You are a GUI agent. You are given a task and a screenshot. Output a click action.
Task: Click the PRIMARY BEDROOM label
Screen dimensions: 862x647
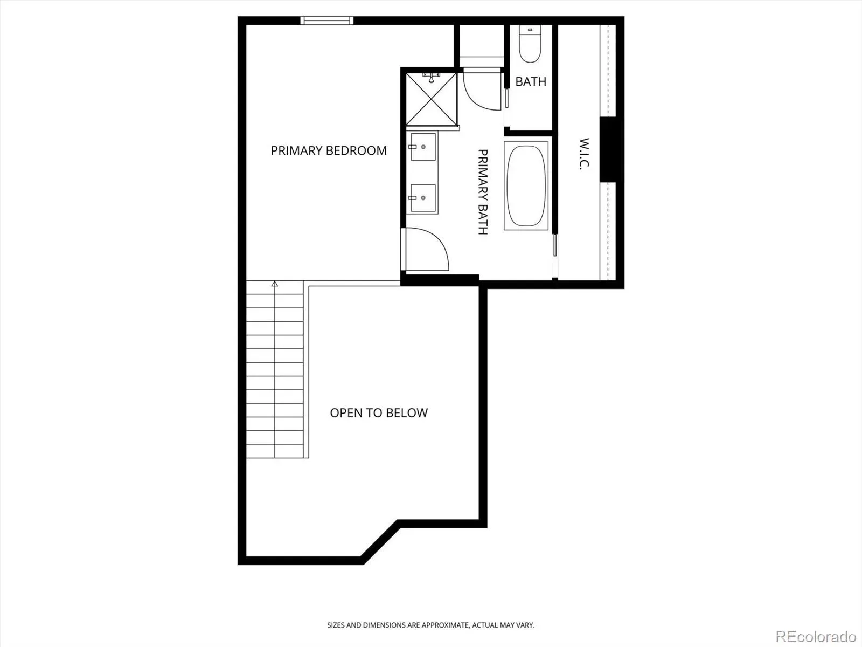click(x=329, y=150)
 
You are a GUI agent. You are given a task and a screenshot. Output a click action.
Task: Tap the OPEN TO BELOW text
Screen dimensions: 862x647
click(x=379, y=412)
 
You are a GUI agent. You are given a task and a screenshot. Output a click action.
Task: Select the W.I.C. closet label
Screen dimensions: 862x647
click(x=584, y=154)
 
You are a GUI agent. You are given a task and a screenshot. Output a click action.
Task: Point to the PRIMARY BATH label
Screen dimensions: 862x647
click(x=483, y=192)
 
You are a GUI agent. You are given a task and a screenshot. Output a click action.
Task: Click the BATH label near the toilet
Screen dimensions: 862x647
click(x=531, y=81)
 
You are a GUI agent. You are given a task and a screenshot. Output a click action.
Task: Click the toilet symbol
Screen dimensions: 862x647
click(x=530, y=43)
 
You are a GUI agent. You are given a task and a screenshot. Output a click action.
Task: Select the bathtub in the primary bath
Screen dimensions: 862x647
click(x=526, y=186)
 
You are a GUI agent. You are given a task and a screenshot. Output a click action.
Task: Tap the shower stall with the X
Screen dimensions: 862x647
click(x=432, y=99)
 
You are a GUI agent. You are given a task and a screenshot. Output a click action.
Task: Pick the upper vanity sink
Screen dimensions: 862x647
click(x=423, y=147)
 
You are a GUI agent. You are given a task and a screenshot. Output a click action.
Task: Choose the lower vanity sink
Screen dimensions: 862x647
click(x=423, y=198)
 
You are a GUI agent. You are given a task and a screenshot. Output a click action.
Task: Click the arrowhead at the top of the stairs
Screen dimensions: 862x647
click(x=275, y=284)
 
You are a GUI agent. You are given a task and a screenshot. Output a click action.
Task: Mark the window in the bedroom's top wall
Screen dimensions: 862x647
click(x=326, y=20)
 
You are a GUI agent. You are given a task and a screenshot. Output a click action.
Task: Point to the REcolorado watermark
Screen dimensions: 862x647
click(x=816, y=636)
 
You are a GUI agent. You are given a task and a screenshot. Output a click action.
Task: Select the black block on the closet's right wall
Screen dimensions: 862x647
click(x=608, y=150)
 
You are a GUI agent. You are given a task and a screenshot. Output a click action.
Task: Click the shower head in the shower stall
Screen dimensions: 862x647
click(x=431, y=77)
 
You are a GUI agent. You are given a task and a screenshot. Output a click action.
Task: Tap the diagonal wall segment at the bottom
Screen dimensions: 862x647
click(x=380, y=542)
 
